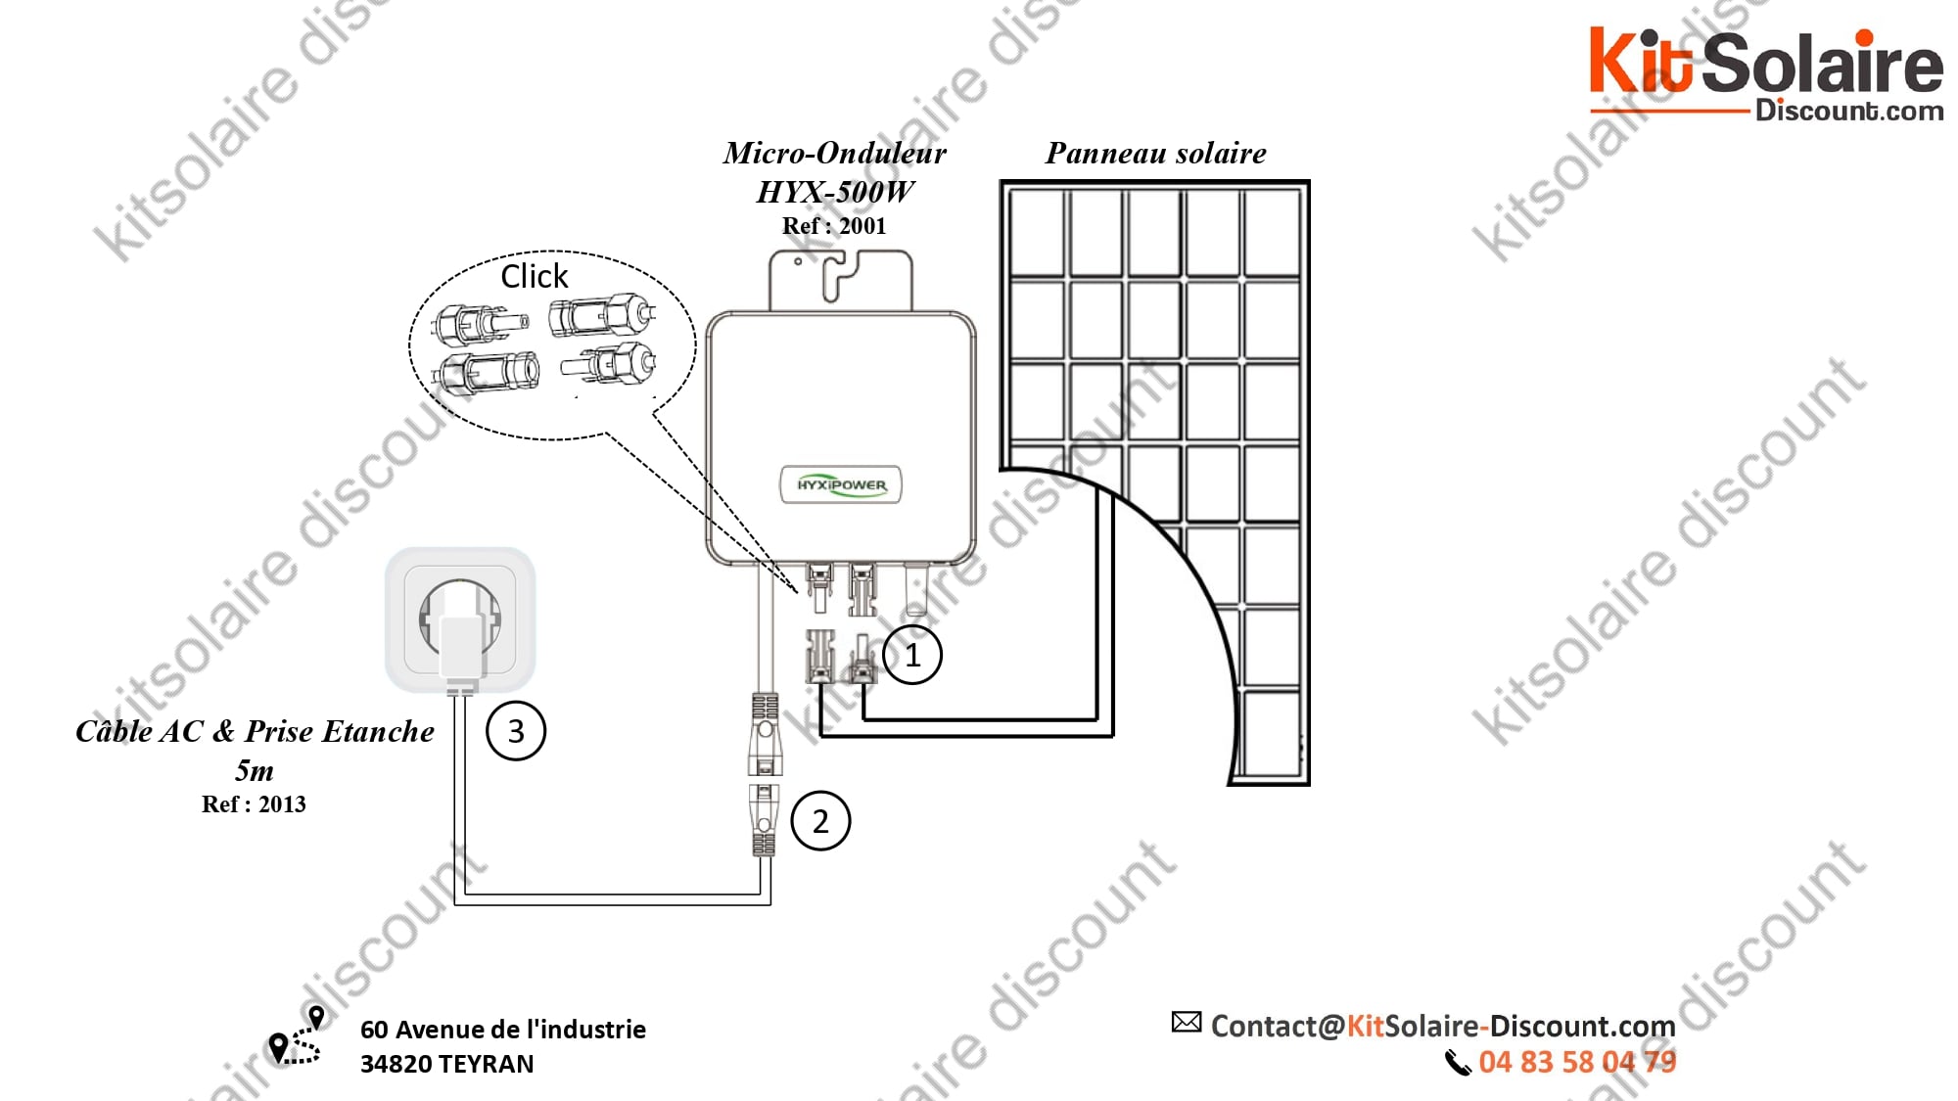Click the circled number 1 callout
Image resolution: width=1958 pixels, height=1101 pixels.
(x=912, y=655)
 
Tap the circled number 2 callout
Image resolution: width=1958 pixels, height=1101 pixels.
(x=820, y=821)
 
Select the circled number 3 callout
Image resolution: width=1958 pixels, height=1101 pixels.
(x=516, y=731)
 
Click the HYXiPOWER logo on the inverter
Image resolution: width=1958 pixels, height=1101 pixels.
(x=841, y=484)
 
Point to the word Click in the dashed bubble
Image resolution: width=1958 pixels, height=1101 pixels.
(x=534, y=277)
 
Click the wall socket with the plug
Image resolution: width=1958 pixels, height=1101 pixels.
(x=460, y=619)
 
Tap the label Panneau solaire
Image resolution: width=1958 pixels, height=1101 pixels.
(x=1155, y=154)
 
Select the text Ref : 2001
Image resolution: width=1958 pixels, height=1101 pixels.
(x=834, y=226)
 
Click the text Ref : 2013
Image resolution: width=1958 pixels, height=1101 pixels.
(x=254, y=804)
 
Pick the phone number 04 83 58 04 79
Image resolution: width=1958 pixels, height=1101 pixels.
(x=1577, y=1062)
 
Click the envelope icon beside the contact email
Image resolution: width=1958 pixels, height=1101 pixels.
(x=1187, y=1023)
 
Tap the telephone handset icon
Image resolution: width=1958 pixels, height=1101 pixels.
(x=1458, y=1063)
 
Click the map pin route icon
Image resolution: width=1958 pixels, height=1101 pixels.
(x=296, y=1036)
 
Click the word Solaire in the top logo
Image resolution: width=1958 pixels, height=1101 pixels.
(x=1822, y=64)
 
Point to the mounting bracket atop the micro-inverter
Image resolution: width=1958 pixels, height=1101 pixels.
(x=841, y=279)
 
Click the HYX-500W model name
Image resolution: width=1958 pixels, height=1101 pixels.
(x=835, y=192)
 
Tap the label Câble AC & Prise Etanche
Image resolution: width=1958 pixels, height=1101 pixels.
(x=255, y=731)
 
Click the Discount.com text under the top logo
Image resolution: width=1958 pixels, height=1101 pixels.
(x=1848, y=111)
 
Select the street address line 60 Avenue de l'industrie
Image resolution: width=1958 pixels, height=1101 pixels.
(x=503, y=1030)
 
